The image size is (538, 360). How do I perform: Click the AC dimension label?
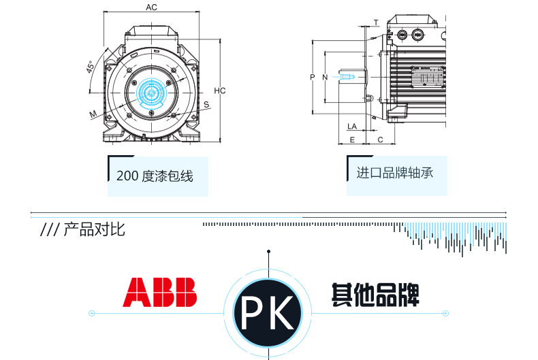[152, 7]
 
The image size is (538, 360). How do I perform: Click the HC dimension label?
[219, 91]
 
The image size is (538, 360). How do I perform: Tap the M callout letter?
[93, 114]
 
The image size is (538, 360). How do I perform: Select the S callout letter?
[206, 104]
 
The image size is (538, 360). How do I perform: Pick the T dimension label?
[375, 22]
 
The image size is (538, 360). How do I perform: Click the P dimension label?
[313, 77]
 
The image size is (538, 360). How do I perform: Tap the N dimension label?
[325, 77]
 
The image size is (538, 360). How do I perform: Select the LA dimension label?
[352, 126]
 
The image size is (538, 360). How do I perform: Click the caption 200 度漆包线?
[155, 176]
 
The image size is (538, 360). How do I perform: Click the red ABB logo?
[159, 292]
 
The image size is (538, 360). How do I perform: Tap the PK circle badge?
[268, 312]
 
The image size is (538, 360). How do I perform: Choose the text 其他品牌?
[375, 294]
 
